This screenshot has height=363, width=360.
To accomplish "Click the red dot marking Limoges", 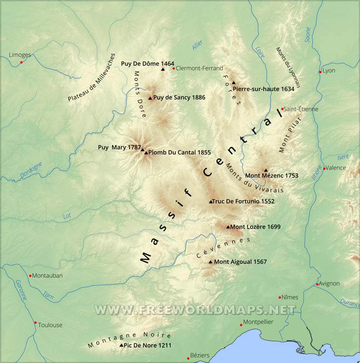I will [21, 62].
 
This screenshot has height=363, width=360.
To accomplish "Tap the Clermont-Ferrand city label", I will [199, 68].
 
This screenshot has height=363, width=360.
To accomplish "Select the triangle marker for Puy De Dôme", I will [163, 69].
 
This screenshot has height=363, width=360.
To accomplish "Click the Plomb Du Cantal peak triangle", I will [146, 152].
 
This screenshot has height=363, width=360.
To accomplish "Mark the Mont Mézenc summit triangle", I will [265, 170].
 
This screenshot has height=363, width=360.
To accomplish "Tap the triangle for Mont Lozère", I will [228, 227].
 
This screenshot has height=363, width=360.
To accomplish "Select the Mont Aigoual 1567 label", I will [240, 262].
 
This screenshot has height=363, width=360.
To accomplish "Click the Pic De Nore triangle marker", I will [121, 345].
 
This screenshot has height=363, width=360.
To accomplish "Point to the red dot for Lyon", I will [320, 72].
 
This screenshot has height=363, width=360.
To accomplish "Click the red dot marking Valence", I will [324, 169].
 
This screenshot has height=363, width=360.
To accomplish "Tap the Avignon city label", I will [329, 283].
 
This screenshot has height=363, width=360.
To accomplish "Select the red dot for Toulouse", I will [36, 323].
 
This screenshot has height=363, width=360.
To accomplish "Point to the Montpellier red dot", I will [241, 325].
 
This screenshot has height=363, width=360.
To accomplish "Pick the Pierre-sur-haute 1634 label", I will [264, 89].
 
